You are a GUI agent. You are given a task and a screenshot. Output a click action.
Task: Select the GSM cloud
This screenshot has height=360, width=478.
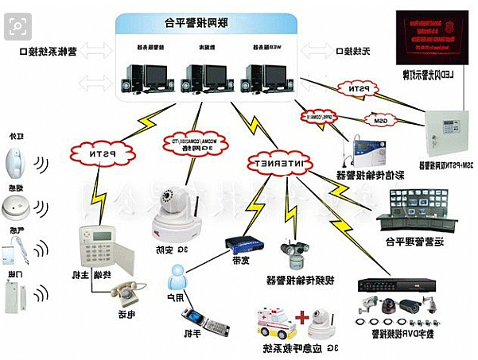(x=379, y=120)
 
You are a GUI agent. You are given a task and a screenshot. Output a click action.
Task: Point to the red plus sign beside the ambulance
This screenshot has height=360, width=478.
(x=301, y=317)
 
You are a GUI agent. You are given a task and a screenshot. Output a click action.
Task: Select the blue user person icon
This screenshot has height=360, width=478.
(x=177, y=275)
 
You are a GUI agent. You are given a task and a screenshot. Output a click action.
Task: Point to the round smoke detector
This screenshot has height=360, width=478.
(x=17, y=209)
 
